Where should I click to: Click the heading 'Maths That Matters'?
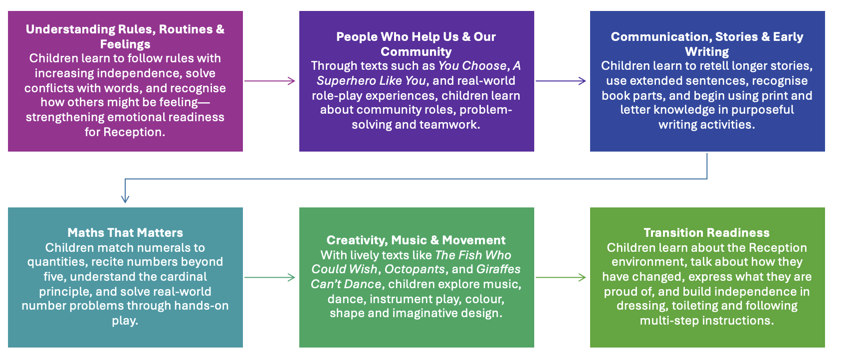[x=125, y=233]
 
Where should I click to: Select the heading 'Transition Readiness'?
[x=706, y=233]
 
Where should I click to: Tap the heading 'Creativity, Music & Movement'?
[x=416, y=240]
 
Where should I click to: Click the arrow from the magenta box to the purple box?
[x=270, y=81]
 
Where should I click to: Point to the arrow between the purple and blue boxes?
[x=561, y=81]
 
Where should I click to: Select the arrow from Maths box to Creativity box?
[x=270, y=277]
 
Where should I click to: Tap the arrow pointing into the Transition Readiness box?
[x=561, y=277]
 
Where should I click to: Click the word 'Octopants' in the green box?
[x=415, y=269]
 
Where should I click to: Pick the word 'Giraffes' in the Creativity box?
[x=498, y=269]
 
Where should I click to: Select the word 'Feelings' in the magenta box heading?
[x=125, y=44]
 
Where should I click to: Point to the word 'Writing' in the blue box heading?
[x=707, y=52]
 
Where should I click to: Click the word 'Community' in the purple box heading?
[x=416, y=52]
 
